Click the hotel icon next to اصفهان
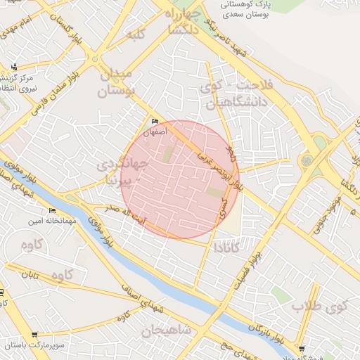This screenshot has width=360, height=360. coord(155,121)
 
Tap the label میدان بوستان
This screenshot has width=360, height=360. coord(113,84)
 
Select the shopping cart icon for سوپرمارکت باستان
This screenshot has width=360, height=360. coord(34,335)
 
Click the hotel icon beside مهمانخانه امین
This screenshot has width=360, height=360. coord(52,211)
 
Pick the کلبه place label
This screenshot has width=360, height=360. coord(134,34)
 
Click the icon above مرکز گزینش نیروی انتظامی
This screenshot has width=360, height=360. coord(15,67)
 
